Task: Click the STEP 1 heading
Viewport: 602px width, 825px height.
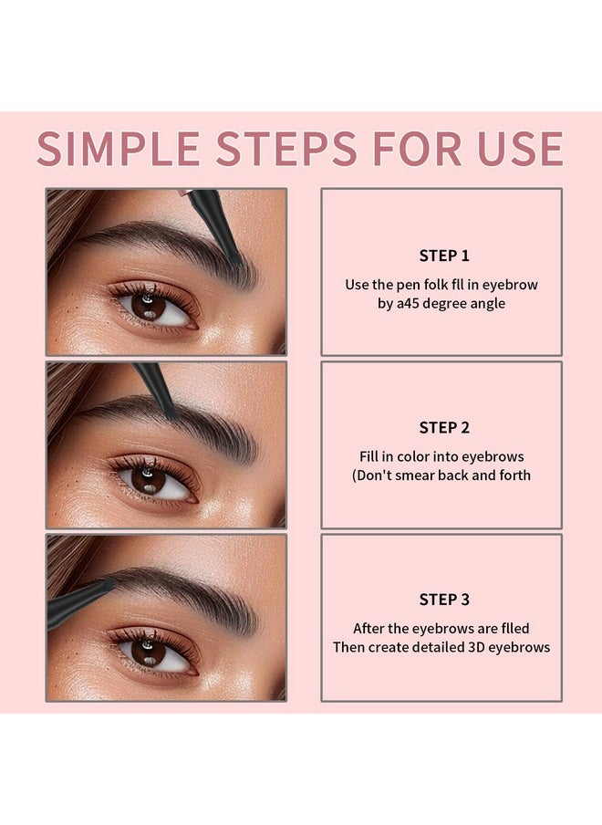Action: pos(444,256)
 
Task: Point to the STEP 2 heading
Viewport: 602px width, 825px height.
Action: pos(444,427)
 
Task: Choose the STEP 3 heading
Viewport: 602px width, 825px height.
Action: pos(444,600)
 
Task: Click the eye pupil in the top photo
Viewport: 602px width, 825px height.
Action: pos(149,307)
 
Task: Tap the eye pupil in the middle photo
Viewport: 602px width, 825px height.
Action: pos(149,478)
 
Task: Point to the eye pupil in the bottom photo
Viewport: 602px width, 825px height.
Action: pos(147,651)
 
